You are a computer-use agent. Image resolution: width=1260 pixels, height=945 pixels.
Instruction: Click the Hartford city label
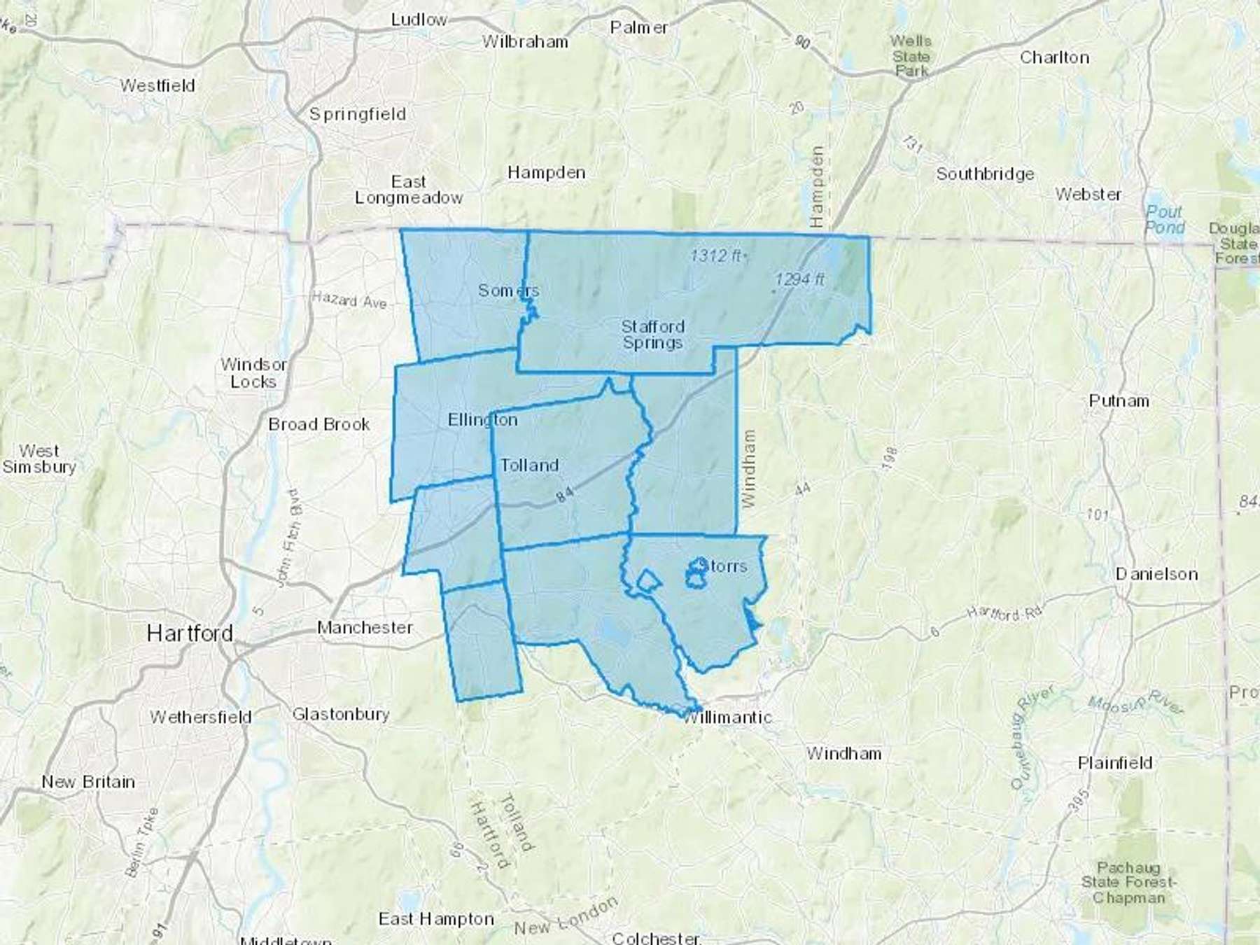click(x=190, y=634)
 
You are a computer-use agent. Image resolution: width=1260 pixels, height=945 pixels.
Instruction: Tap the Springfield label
click(x=358, y=114)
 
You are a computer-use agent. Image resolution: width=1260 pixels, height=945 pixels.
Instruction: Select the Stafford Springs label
click(x=652, y=335)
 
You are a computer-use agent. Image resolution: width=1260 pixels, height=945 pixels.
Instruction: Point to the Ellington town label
click(x=482, y=420)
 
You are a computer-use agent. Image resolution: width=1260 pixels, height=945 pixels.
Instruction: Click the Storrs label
click(x=724, y=566)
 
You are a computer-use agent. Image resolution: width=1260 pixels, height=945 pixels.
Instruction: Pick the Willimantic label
click(x=727, y=717)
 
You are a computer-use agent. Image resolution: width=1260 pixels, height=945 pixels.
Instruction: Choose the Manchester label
click(x=365, y=628)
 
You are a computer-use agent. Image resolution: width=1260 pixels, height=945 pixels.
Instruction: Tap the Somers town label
click(x=508, y=290)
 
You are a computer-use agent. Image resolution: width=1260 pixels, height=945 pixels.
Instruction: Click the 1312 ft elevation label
click(x=716, y=256)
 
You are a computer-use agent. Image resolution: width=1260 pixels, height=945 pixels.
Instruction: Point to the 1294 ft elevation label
click(x=799, y=280)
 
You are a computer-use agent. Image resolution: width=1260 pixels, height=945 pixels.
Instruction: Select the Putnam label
click(x=1119, y=401)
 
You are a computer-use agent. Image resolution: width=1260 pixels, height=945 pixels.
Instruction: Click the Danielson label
click(x=1156, y=575)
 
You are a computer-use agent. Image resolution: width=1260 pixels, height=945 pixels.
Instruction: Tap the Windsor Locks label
click(x=253, y=373)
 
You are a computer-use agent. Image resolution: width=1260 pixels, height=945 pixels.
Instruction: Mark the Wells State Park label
click(x=911, y=56)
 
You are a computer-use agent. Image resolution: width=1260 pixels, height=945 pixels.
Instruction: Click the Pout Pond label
click(x=1165, y=220)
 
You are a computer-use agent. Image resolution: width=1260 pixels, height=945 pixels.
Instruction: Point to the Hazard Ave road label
click(x=349, y=300)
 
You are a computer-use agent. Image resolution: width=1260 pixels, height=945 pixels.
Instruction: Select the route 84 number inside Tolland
click(x=565, y=494)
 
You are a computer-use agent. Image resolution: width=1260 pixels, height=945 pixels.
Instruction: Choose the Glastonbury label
click(x=340, y=715)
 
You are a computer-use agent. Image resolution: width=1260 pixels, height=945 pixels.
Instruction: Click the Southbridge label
click(x=985, y=174)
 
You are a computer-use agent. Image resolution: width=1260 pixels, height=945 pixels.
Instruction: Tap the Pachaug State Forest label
click(x=1128, y=883)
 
